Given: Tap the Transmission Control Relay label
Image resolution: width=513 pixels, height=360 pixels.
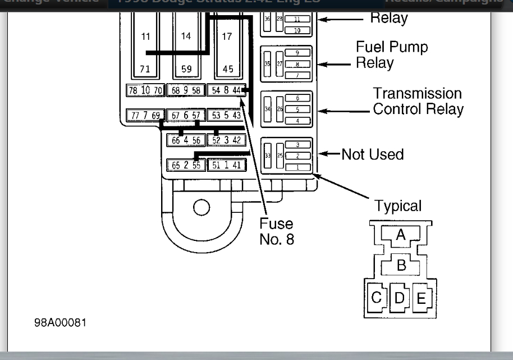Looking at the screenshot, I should pyautogui.click(x=418, y=101).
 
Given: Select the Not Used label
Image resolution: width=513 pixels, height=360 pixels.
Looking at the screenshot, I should pyautogui.click(x=373, y=154).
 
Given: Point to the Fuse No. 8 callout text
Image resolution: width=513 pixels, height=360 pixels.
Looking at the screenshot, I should pyautogui.click(x=276, y=231).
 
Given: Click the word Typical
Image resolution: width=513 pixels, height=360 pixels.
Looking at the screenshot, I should pyautogui.click(x=397, y=206).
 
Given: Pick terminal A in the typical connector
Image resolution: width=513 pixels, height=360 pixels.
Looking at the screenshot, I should pyautogui.click(x=400, y=235).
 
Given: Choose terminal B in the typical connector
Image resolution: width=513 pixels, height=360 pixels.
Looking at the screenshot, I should pyautogui.click(x=401, y=265).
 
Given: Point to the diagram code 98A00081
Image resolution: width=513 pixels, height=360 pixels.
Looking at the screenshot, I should pyautogui.click(x=61, y=323).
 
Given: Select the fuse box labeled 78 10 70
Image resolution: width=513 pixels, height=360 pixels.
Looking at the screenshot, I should pyautogui.click(x=145, y=90).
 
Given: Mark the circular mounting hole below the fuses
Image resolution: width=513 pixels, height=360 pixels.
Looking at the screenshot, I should pyautogui.click(x=201, y=207).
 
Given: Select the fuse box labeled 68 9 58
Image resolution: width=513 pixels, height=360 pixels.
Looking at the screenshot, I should pyautogui.click(x=186, y=90).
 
